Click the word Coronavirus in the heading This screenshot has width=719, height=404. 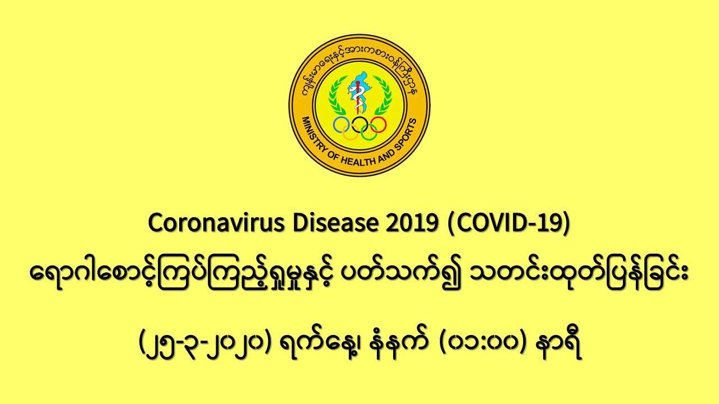pos(216,223)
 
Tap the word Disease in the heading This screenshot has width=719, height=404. pos(335,223)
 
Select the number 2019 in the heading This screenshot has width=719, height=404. pos(412,223)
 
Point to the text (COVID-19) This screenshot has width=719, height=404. pos(509,223)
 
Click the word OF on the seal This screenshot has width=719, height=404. pos(334,155)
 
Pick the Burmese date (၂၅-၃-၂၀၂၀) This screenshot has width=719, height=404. pos(206,344)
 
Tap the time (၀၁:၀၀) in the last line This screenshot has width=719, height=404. pos(483,344)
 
